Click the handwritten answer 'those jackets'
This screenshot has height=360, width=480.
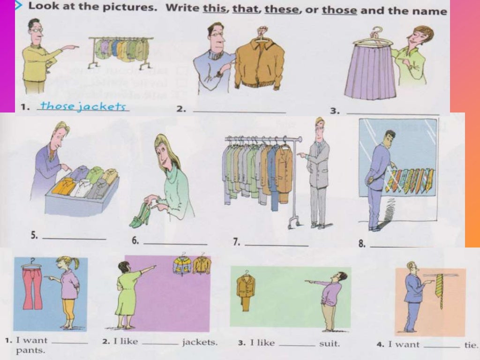point(83,106)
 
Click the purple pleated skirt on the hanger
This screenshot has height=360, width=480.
point(370,73)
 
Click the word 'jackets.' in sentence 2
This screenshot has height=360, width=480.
point(200,343)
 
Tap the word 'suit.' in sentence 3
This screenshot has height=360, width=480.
point(329,344)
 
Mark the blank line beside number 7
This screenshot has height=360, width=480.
point(277,245)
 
